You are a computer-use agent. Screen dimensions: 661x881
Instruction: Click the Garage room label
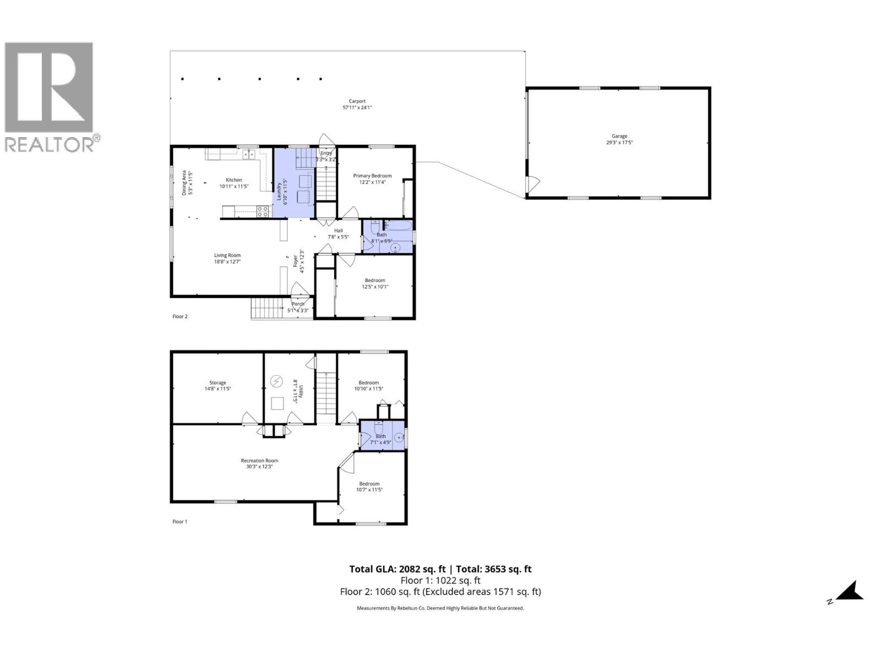pos(619,139)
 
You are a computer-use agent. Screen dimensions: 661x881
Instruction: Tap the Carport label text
pos(357,104)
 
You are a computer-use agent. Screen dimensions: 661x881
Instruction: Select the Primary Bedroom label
pos(372,178)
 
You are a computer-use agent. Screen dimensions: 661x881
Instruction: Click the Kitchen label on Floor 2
pos(234,183)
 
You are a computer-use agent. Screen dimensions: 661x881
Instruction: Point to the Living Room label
pos(227,258)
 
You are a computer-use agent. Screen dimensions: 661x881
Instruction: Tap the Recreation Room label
pos(259,463)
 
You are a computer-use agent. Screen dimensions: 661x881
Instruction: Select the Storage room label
pos(217,386)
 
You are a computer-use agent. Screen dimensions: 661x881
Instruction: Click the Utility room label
pos(295,391)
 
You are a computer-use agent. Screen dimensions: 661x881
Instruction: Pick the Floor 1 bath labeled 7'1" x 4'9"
pos(381,438)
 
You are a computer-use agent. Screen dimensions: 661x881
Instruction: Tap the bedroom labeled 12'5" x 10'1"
pos(375,283)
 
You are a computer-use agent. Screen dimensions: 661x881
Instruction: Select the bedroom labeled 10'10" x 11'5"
pos(369,386)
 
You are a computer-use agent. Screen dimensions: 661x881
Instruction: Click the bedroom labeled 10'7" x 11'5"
pos(369,486)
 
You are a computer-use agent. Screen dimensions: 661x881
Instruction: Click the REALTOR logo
pos(50,96)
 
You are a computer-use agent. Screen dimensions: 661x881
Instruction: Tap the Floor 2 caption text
pos(180,317)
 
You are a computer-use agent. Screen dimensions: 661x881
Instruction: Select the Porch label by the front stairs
pos(298,307)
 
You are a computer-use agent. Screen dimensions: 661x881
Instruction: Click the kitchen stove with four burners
pos(263,210)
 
